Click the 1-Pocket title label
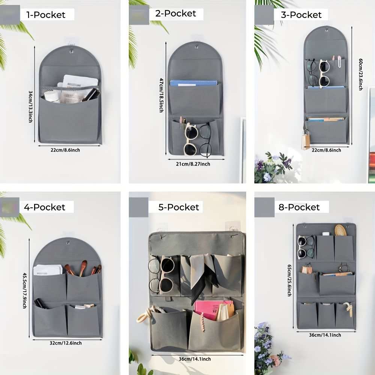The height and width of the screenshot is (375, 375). click(46, 15)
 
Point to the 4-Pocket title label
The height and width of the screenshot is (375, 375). click(45, 207)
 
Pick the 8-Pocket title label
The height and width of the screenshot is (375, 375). click(299, 207)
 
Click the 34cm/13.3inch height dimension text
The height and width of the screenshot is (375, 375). click(31, 106)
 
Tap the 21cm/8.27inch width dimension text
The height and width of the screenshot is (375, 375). click(193, 164)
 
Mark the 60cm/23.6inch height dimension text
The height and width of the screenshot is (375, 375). click(361, 74)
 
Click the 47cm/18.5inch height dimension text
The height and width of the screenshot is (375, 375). click(162, 95)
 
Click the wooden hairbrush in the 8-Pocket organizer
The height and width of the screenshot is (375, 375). click(340, 229)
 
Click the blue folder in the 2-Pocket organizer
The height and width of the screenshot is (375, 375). click(193, 83)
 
